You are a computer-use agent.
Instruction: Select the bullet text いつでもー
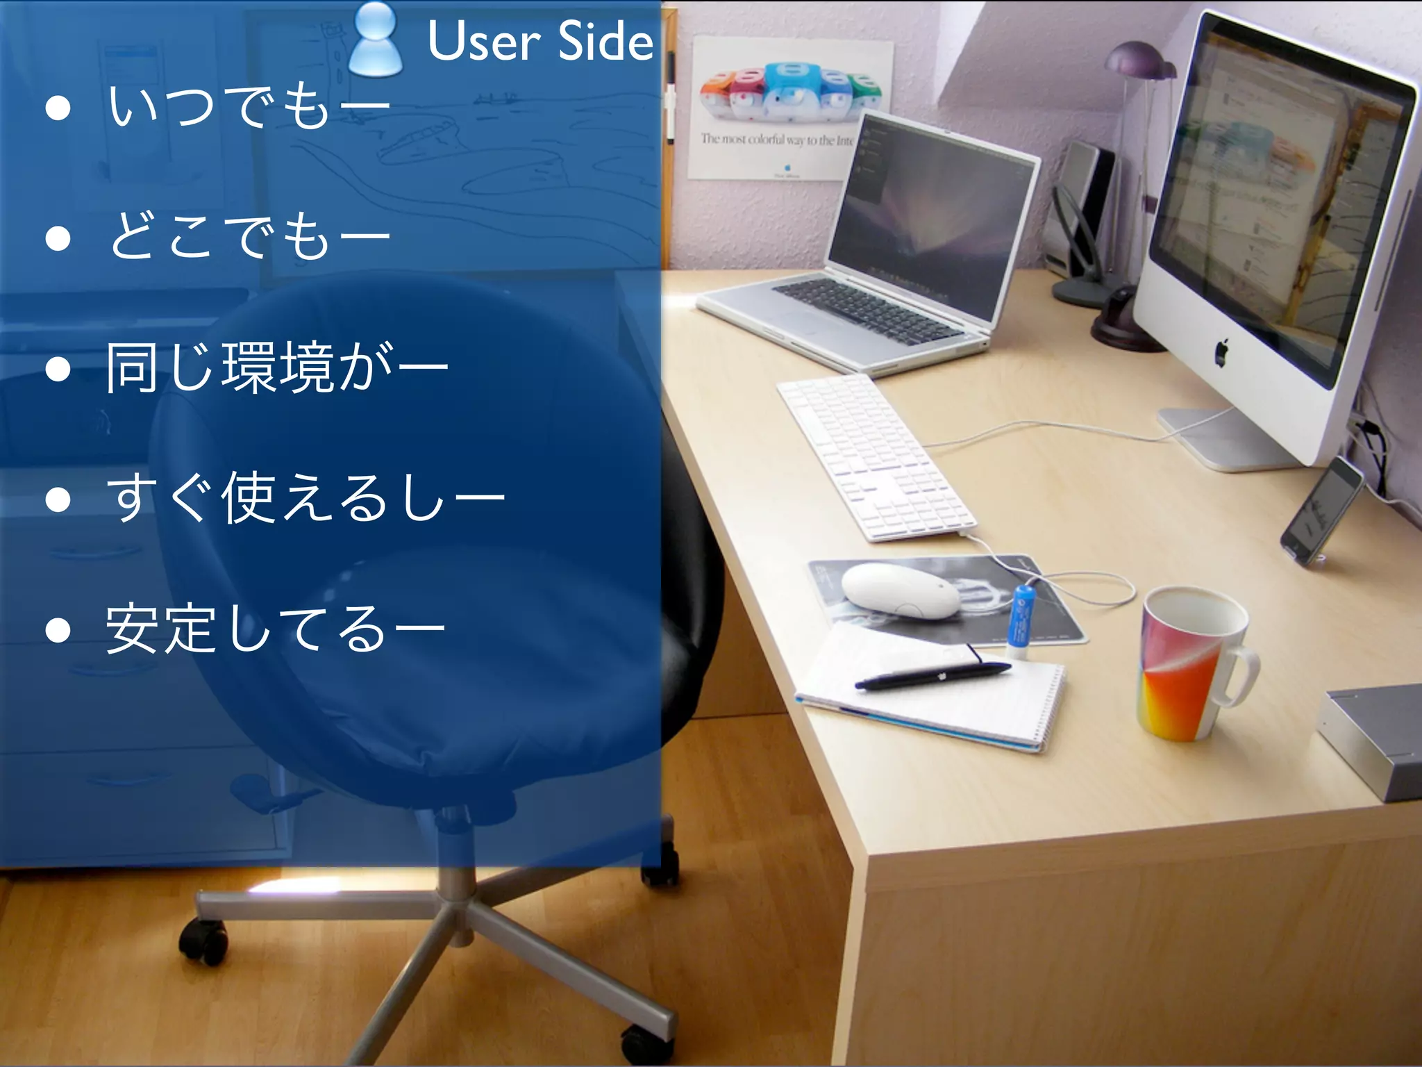tap(249, 108)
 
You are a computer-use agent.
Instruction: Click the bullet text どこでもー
tap(249, 237)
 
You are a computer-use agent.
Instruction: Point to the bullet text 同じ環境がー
tap(276, 367)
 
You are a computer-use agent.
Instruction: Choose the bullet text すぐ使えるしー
tap(306, 497)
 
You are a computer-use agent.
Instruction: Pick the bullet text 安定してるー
tap(275, 628)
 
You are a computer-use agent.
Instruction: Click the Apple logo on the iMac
tap(1223, 352)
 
